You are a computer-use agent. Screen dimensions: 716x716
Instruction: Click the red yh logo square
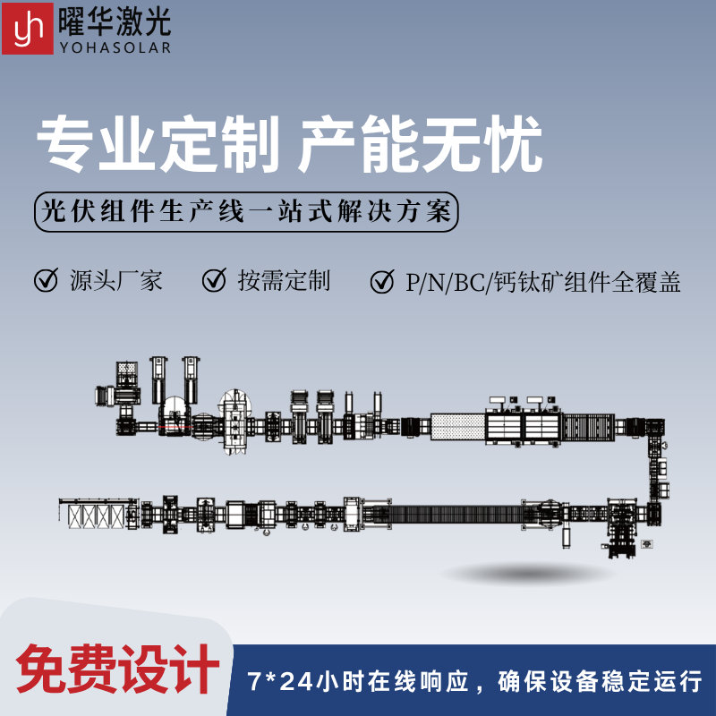(28, 29)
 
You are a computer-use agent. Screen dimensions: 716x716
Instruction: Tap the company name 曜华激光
(115, 21)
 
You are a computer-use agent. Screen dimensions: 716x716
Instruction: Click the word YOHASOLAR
(115, 47)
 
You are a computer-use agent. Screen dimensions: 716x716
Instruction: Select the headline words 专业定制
(158, 144)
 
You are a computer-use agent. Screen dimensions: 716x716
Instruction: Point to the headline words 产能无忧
(420, 144)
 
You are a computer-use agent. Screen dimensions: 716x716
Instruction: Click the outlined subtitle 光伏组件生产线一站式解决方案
(246, 212)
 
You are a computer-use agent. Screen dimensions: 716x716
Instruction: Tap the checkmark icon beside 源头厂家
(47, 280)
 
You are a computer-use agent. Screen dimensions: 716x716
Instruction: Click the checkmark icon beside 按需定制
(215, 280)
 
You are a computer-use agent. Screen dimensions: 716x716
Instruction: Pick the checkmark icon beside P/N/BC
(383, 281)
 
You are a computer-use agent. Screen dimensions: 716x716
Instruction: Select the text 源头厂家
(116, 280)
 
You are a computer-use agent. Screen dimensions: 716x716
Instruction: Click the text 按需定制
(284, 280)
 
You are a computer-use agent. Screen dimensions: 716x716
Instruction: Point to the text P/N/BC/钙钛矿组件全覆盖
(543, 282)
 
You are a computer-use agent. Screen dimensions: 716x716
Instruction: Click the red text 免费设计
(118, 669)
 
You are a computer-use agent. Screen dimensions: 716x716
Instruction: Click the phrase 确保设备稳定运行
(600, 682)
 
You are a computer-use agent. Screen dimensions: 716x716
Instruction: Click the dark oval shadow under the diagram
(527, 573)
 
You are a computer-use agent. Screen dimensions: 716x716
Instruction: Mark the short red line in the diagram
(175, 427)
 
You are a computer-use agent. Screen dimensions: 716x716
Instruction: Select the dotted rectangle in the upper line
(457, 427)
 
